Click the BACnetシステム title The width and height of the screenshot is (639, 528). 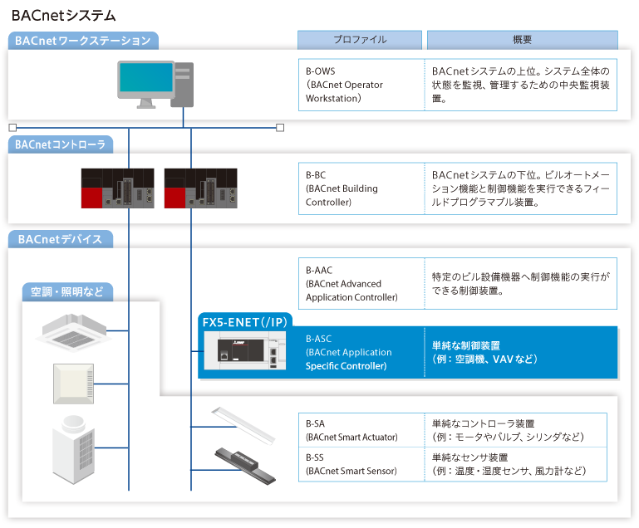coord(64,16)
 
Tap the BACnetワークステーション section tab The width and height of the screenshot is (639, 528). coord(83,41)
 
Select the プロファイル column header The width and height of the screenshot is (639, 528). coord(360,40)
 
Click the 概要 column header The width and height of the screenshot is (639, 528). coord(522,40)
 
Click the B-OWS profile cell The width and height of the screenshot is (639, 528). coord(360,85)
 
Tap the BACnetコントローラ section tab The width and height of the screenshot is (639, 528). coord(61,144)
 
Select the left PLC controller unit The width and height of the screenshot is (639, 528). coord(117,188)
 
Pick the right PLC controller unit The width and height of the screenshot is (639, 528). coord(201,188)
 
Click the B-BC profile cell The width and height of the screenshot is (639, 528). coord(360,188)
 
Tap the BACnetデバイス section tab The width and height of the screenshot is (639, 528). coord(60,239)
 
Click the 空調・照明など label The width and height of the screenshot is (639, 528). coord(67,291)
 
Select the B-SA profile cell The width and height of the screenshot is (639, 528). coord(360,430)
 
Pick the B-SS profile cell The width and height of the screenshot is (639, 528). coord(360,464)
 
